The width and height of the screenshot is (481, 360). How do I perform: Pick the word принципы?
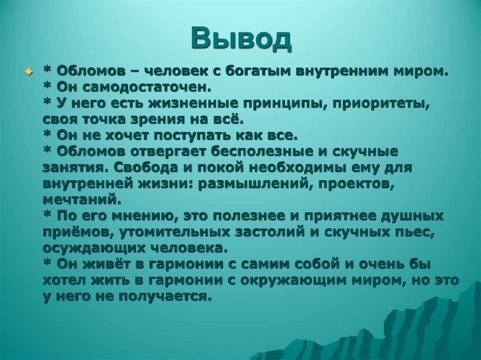coord(287,104)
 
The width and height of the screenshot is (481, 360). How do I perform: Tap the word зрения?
coord(165,120)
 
